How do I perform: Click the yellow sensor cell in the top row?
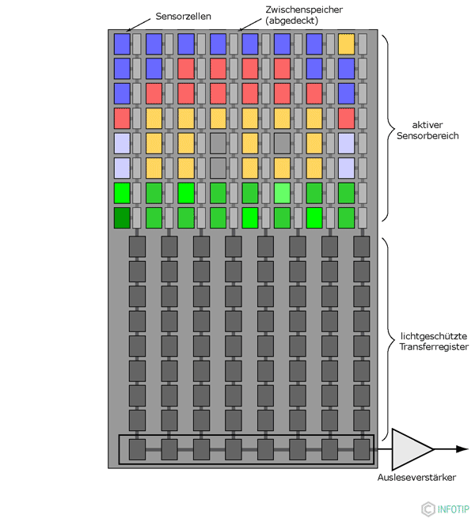point(346,43)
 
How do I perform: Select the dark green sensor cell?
point(122,217)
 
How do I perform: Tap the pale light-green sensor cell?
point(282,193)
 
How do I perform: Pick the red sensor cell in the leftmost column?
point(122,119)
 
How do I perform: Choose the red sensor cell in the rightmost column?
point(346,119)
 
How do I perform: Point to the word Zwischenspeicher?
point(305,9)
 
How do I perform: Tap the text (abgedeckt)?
point(291,21)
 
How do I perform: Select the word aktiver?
point(427,124)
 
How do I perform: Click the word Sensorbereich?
point(427,136)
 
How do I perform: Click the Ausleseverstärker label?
point(416,477)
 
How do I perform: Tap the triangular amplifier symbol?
point(409,449)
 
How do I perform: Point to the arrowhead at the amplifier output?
point(462,449)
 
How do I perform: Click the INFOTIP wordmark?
point(454,509)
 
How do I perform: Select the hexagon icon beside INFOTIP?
point(428,509)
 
